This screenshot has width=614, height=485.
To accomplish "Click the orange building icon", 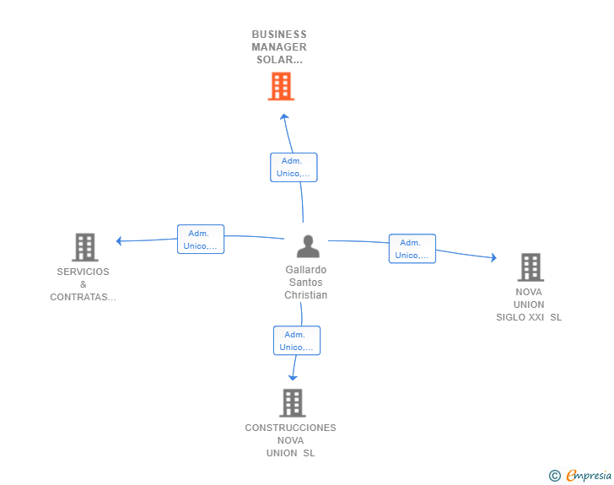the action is click(x=281, y=86).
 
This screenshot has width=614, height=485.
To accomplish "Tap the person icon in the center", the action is click(x=308, y=246).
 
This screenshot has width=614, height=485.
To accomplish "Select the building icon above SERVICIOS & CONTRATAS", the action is click(x=85, y=247).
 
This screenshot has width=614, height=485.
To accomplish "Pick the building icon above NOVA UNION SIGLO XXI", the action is click(x=531, y=267).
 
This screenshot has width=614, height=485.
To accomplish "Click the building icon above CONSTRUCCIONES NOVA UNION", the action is click(x=293, y=402).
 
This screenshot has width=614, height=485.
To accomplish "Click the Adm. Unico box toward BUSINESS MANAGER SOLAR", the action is click(x=294, y=167).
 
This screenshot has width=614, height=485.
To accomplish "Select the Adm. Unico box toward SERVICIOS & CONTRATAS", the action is click(x=201, y=239).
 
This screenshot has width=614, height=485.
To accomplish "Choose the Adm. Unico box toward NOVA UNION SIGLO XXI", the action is click(x=412, y=249).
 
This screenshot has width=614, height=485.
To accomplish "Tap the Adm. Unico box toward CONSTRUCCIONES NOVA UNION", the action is click(x=297, y=341).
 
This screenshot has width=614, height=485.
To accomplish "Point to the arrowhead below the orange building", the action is click(x=284, y=116).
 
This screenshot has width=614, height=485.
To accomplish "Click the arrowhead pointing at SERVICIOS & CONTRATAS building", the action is click(x=119, y=241).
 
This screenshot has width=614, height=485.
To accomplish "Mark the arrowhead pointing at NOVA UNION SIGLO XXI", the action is click(x=494, y=257).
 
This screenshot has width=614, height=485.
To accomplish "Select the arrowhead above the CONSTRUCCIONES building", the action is click(x=293, y=378).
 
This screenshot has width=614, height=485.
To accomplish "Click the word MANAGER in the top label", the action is click(x=279, y=47).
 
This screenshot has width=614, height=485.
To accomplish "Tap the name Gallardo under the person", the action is click(x=306, y=270).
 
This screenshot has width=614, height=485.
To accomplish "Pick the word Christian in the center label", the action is click(x=306, y=295).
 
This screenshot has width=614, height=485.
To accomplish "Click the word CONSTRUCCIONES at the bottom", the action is click(x=290, y=428).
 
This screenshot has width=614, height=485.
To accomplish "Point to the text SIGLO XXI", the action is click(x=520, y=317).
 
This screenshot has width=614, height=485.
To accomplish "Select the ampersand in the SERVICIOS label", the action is click(x=83, y=284).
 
